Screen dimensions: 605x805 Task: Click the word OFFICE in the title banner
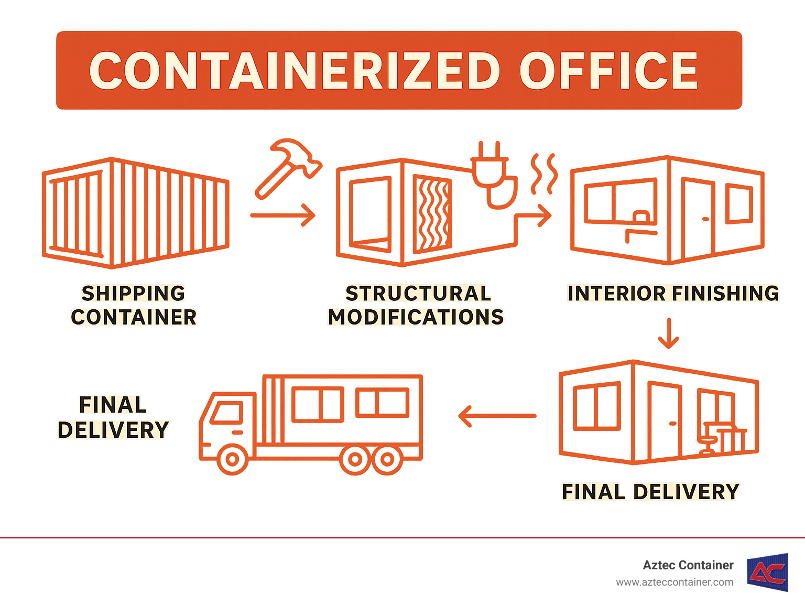608,71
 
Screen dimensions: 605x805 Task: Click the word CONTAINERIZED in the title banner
295,71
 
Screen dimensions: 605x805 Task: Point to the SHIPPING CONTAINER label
134,305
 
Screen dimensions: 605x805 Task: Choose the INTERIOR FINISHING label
673,294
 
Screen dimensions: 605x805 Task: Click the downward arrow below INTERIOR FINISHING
668,333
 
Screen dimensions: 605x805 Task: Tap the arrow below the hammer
283,215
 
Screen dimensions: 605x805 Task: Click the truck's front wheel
232,460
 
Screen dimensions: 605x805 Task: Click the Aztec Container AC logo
768,572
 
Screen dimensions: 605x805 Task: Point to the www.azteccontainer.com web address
675,582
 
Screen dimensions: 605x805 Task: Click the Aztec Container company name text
688,565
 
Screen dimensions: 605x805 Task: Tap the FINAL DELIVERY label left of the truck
113,417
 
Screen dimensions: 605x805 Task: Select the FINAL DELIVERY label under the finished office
650,492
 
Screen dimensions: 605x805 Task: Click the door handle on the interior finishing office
705,219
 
